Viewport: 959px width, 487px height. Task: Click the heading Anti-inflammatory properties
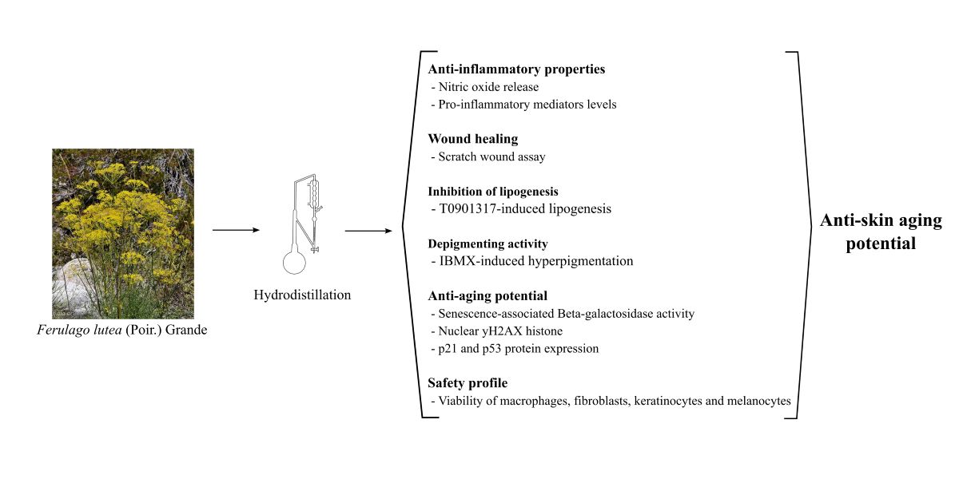point(516,69)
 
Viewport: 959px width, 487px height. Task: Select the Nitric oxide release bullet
point(488,87)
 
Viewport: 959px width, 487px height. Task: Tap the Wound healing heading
point(473,139)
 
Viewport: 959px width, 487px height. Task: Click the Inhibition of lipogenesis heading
point(492,192)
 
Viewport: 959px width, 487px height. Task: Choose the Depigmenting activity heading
point(487,243)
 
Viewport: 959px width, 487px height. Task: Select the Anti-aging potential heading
point(487,296)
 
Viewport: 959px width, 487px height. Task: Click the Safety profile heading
point(468,383)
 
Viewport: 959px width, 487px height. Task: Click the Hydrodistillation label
point(302,295)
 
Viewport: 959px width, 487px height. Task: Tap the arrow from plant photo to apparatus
point(237,231)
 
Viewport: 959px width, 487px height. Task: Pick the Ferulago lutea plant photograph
point(123,233)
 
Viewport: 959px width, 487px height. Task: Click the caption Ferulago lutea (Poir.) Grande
point(122,329)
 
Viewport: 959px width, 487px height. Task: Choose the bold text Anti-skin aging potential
point(881,232)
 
